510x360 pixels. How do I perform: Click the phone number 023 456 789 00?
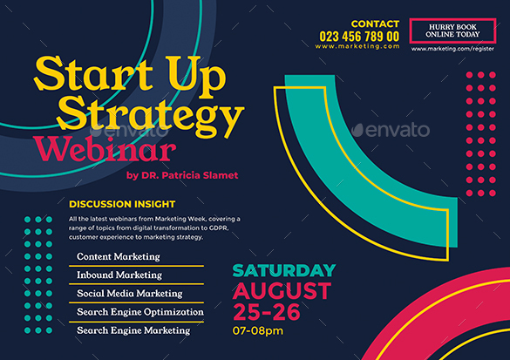(x=359, y=36)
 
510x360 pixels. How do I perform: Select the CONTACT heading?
(x=375, y=24)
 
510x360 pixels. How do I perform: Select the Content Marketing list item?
(x=119, y=256)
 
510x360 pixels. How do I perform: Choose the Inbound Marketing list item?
(x=119, y=275)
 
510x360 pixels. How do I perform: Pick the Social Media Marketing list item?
(x=130, y=294)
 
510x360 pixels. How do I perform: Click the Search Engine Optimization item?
(x=139, y=312)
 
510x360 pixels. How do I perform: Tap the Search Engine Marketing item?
(x=133, y=330)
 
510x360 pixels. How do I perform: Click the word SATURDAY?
(x=283, y=270)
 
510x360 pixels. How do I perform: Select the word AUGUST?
(x=282, y=291)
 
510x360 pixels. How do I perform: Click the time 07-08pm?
(x=257, y=331)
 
